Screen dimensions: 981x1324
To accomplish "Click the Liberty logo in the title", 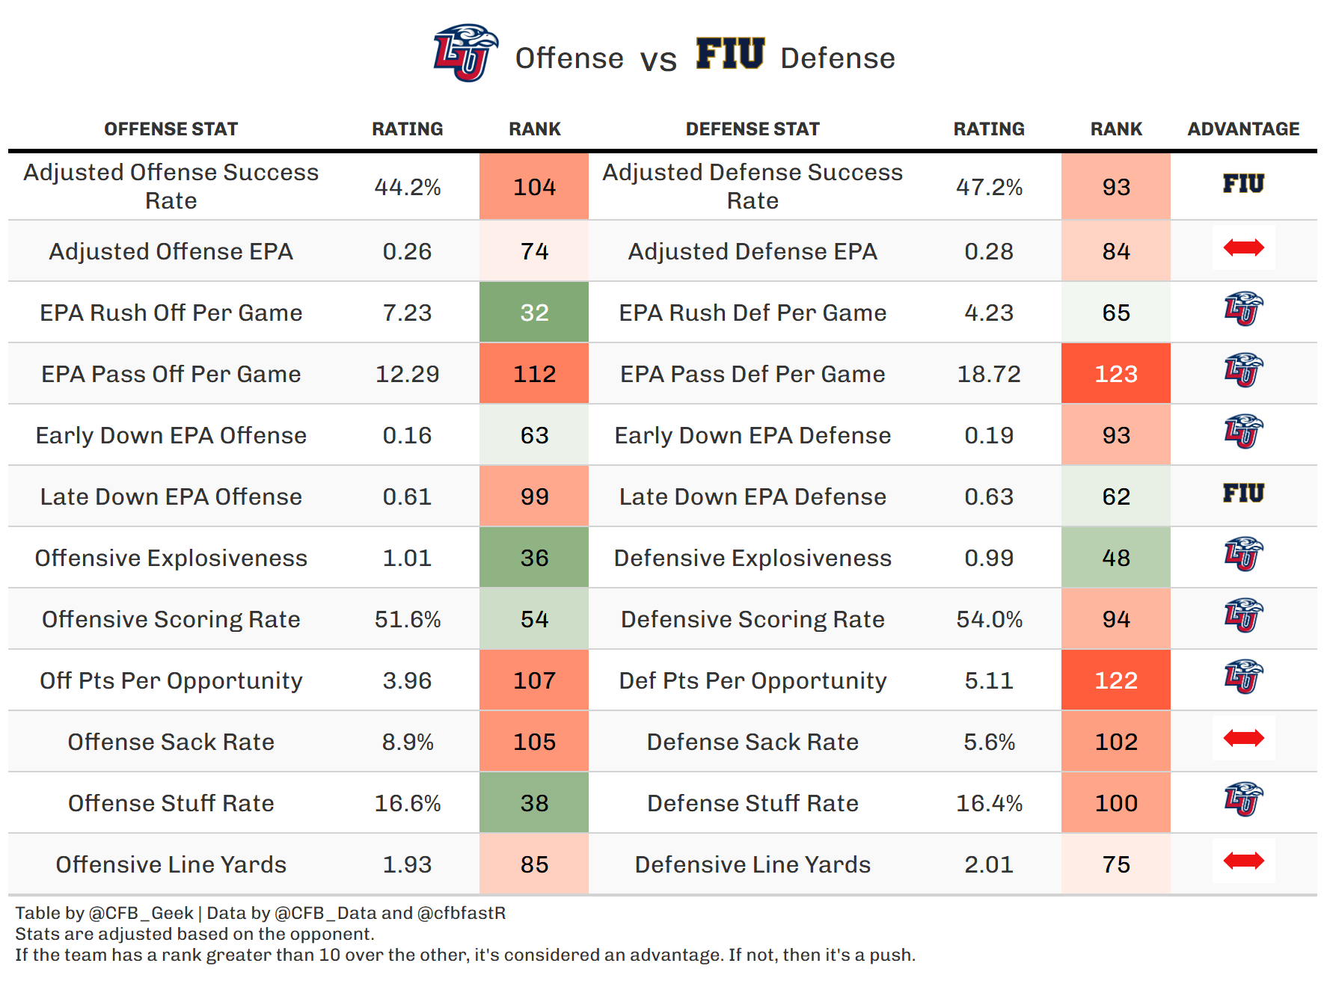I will pyautogui.click(x=465, y=52).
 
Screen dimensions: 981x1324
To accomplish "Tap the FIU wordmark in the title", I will pyautogui.click(x=730, y=54).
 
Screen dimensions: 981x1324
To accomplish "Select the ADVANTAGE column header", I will pyautogui.click(x=1243, y=129).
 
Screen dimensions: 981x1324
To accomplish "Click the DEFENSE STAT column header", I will pyautogui.click(x=753, y=129).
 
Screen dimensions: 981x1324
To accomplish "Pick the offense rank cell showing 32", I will pyautogui.click(x=534, y=313).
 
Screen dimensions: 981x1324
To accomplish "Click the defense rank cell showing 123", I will pyautogui.click(x=1115, y=374).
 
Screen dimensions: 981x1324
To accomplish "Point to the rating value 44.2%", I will pyautogui.click(x=408, y=187).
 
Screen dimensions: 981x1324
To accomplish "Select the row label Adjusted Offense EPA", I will pyautogui.click(x=171, y=251).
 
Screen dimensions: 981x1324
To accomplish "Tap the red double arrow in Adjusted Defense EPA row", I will pyautogui.click(x=1243, y=247).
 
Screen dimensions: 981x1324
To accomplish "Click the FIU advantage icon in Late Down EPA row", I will pyautogui.click(x=1243, y=493).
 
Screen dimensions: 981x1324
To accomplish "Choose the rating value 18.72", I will pyautogui.click(x=989, y=374).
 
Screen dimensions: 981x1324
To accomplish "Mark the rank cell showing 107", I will pyautogui.click(x=534, y=680).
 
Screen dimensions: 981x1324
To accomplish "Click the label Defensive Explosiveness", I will pyautogui.click(x=753, y=558).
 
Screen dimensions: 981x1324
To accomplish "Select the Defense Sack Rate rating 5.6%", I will pyautogui.click(x=989, y=742).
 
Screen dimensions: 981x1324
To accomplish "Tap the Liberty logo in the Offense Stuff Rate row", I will pyautogui.click(x=1243, y=800).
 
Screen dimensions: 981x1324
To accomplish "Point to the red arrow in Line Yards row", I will pyautogui.click(x=1243, y=861).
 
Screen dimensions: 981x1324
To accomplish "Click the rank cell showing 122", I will pyautogui.click(x=1115, y=680).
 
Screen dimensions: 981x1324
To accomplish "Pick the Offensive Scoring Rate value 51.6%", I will pyautogui.click(x=408, y=619).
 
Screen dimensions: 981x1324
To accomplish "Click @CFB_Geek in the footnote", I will pyautogui.click(x=141, y=913).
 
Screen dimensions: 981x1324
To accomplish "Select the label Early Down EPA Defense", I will pyautogui.click(x=753, y=435).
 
